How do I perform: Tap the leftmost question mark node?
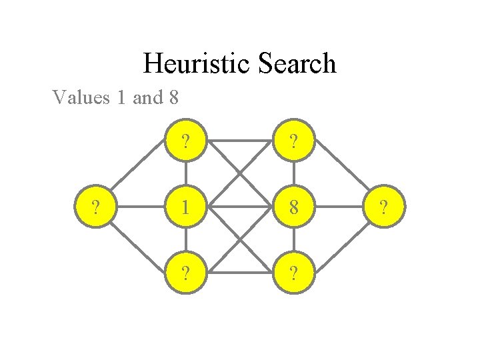point(98,207)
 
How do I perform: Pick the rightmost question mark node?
point(382,207)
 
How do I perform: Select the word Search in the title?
point(295,64)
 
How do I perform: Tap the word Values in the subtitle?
point(80,98)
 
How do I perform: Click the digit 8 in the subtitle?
point(173,98)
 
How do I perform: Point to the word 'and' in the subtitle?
point(147,98)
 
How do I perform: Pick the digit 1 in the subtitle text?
point(121,98)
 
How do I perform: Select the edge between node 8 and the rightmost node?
point(338,207)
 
